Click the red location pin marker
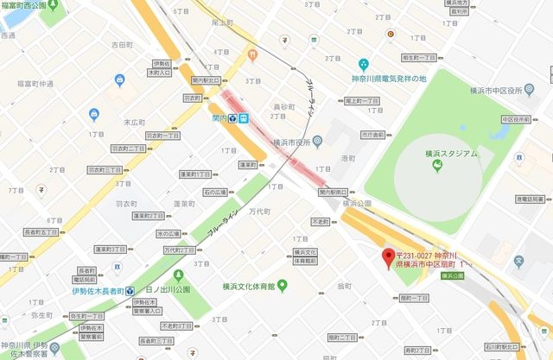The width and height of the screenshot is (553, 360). tap(389, 256)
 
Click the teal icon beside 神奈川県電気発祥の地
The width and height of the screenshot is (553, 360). tap(364, 64)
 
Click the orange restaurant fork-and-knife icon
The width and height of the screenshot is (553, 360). tap(253, 55)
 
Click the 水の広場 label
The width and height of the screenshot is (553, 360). tap(168, 234)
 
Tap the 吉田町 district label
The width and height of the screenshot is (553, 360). tap(121, 44)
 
